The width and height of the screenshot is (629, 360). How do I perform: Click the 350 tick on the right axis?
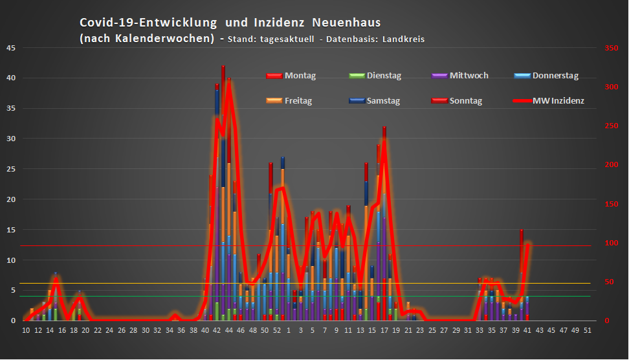pos(610,48)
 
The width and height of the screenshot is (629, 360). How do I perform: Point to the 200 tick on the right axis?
pos(610,164)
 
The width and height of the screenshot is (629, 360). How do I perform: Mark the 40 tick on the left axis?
pos(10,78)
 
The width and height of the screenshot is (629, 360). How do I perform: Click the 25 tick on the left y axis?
pos(10,169)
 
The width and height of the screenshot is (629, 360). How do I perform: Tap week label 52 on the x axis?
pos(276,330)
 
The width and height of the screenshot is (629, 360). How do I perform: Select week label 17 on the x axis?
pos(384,330)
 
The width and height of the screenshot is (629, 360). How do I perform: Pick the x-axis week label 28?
pos(133,330)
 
